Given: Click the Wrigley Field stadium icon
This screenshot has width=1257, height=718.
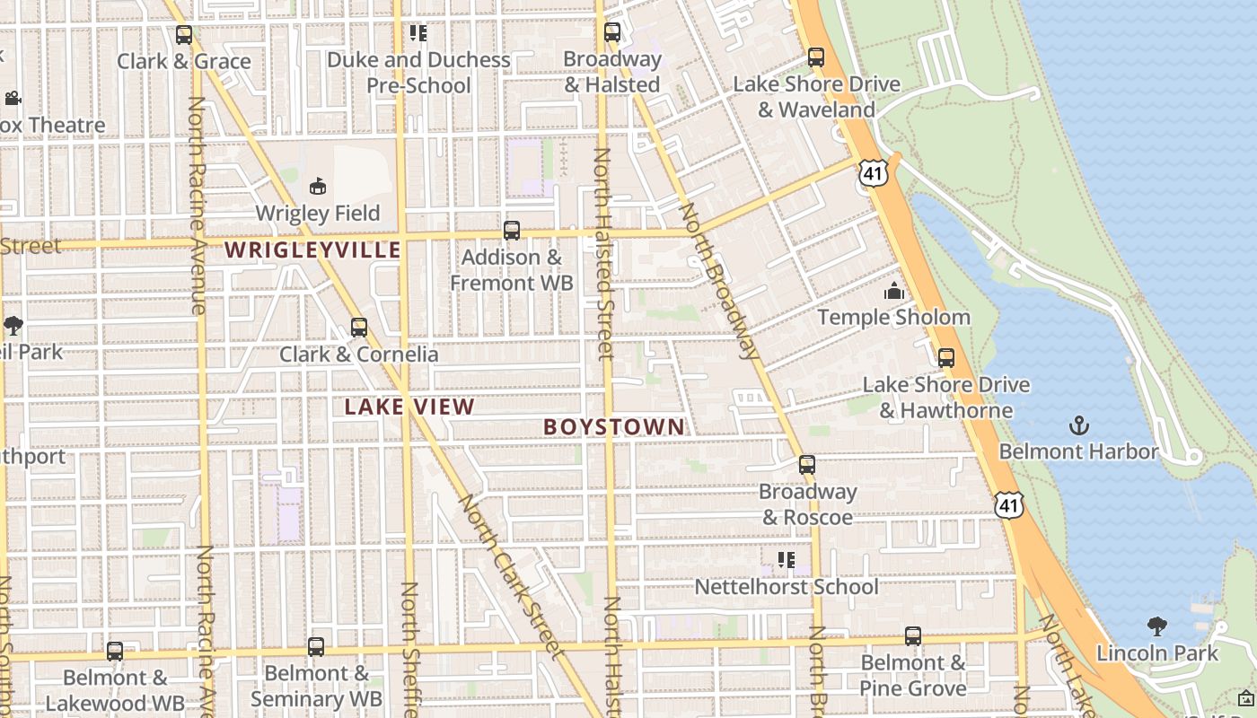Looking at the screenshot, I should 317,187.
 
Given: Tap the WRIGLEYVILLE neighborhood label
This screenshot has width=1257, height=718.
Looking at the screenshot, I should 312,250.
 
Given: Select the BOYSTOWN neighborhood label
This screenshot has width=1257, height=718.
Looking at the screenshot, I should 614,426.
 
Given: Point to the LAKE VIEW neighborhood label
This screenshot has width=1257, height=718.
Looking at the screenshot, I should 409,407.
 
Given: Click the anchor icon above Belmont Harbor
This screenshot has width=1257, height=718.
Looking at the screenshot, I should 1078,425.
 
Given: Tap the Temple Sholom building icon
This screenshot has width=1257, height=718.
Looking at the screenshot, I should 893,291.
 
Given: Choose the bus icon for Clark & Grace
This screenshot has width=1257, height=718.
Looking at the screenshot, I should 184,35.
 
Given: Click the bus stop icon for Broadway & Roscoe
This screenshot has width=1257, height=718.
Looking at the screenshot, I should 807,465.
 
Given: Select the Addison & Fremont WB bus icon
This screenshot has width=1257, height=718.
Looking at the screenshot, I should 512,231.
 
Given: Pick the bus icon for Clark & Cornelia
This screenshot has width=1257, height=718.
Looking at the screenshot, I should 359,328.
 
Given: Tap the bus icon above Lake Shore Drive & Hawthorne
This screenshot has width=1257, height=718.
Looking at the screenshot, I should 945,358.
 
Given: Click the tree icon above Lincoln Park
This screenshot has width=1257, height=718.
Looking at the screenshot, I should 1157,626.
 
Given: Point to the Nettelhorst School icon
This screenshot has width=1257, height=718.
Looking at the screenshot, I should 787,560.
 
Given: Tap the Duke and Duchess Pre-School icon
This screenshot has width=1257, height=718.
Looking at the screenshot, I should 418,33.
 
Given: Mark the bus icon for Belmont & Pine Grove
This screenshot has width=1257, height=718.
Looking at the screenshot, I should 913,636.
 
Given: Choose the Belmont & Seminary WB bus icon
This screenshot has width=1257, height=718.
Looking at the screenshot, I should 316,647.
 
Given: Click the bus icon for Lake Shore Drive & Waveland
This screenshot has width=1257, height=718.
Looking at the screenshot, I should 816,57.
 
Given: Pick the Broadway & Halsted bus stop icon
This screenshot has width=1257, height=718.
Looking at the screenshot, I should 612,32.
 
